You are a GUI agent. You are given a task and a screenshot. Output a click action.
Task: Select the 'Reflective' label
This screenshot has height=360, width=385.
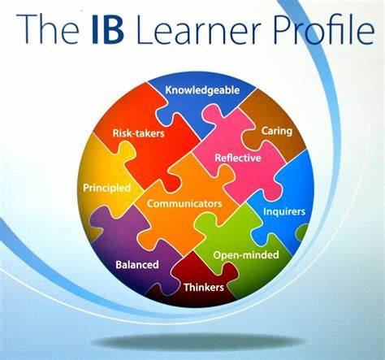pyautogui.click(x=237, y=158)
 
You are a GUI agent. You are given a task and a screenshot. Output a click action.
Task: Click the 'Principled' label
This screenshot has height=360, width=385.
pyautogui.click(x=106, y=188)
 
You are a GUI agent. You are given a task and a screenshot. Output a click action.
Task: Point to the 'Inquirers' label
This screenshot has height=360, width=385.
pyautogui.click(x=284, y=211)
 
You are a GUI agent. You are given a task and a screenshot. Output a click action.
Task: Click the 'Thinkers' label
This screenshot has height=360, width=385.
pyautogui.click(x=204, y=287)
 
